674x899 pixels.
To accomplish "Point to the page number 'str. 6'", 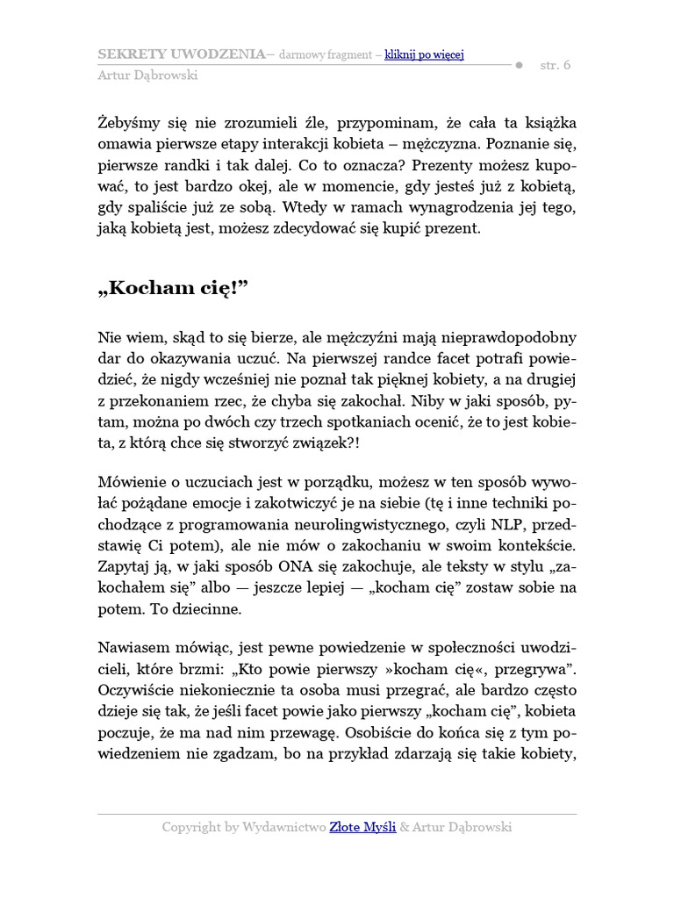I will tap(556, 64).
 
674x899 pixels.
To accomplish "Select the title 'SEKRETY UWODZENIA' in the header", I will tap(182, 54).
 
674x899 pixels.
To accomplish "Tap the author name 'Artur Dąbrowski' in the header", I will tap(147, 75).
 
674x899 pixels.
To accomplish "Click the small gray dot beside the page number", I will tap(518, 65).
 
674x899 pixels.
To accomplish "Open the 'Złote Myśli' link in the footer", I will tap(362, 827).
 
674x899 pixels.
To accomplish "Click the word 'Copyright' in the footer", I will tap(191, 827).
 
